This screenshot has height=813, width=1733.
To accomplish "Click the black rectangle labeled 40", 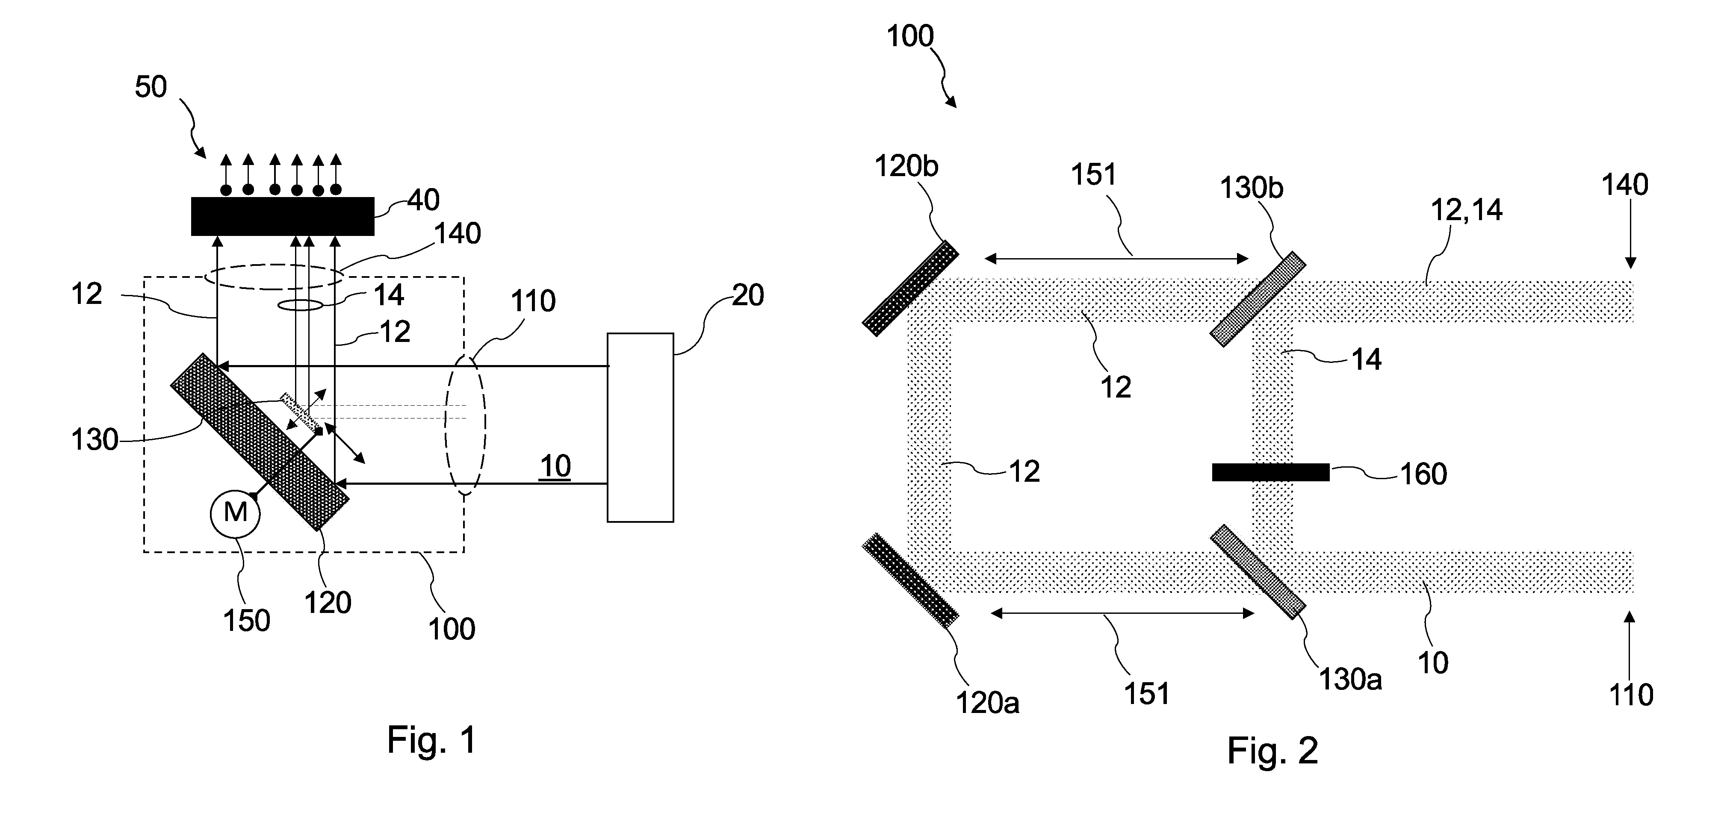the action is (283, 216).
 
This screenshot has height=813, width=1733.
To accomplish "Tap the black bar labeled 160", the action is (1271, 472).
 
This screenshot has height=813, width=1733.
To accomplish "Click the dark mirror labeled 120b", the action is (910, 288).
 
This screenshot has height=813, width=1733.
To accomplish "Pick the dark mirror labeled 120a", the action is (910, 580).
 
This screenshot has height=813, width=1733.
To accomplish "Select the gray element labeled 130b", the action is (1258, 299).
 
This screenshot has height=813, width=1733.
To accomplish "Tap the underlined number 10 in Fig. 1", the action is (555, 466).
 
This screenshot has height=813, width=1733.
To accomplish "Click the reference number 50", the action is (151, 87).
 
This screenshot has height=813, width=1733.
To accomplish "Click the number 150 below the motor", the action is (247, 620).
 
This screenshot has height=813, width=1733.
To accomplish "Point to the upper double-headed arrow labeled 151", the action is (1116, 258).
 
